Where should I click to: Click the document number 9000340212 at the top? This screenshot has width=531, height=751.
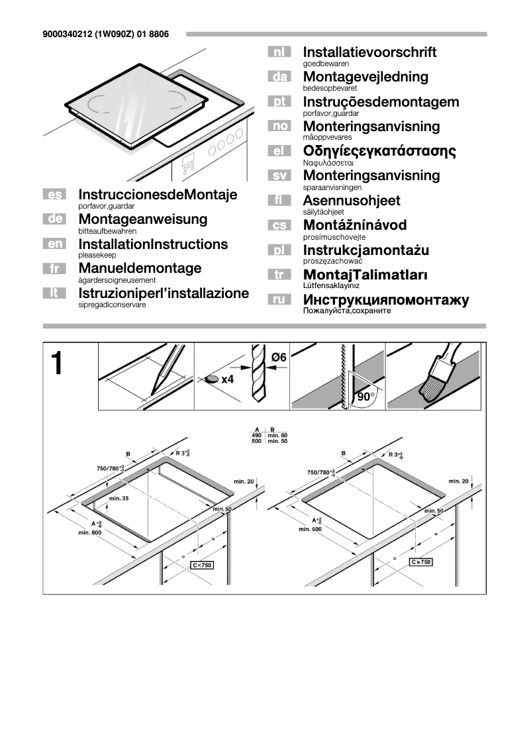[x=66, y=34]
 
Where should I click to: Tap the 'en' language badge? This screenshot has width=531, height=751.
[x=54, y=244]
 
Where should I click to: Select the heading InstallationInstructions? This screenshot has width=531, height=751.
[x=152, y=244]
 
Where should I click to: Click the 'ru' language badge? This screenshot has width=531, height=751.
[x=279, y=300]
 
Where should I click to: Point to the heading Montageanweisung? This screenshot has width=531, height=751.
[x=142, y=219]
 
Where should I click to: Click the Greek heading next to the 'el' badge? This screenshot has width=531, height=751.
[x=379, y=151]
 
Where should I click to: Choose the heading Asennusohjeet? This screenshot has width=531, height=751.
[x=351, y=201]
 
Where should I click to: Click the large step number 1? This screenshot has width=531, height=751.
[x=57, y=364]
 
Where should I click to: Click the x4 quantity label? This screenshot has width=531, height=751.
[x=227, y=379]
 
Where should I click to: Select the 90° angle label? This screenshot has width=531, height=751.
[x=365, y=397]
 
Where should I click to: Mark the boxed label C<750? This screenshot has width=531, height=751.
[x=202, y=565]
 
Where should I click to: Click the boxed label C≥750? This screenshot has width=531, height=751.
[x=420, y=562]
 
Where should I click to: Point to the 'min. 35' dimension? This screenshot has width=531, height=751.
[x=119, y=497]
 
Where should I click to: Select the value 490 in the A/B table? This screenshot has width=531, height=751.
[x=256, y=434]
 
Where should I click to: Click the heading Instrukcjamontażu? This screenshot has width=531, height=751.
[x=365, y=250]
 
